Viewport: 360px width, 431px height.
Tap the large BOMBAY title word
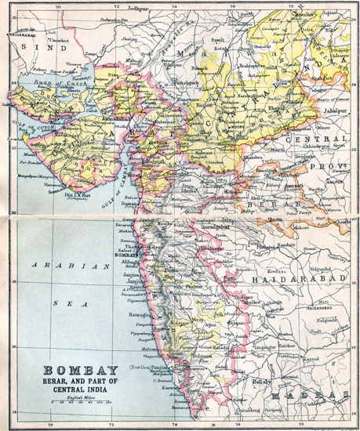coord(75,371)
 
